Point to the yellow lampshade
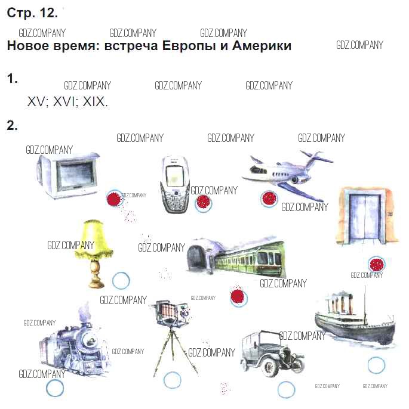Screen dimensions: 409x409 94,240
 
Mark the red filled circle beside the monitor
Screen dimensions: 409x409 113,199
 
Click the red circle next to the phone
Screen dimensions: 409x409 204,203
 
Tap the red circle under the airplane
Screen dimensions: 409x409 269,199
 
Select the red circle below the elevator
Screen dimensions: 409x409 376,265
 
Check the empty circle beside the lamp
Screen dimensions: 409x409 121,280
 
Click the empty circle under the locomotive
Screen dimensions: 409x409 55,388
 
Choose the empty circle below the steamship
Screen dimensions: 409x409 376,364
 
